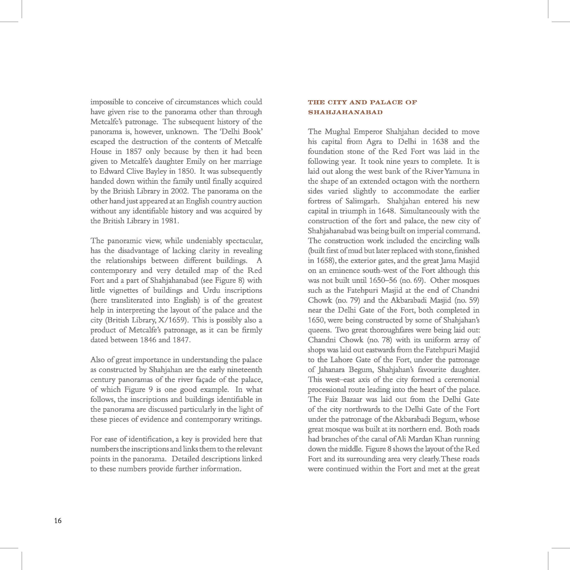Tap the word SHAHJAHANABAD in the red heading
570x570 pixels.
point(345,112)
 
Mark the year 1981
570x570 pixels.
point(169,221)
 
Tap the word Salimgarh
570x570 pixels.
point(362,201)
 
